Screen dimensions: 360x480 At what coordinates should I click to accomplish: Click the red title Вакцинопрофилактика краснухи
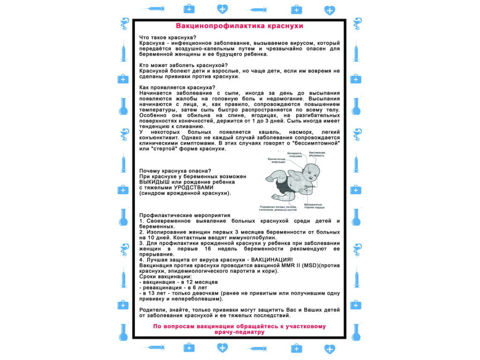(x=240, y=26)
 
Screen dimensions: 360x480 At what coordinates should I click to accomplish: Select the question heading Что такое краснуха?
(x=168, y=37)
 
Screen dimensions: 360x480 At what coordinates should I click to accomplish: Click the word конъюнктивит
(x=161, y=138)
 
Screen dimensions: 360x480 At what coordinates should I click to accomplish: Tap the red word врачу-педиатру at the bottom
(x=239, y=332)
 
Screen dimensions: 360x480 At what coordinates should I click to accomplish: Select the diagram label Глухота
(x=308, y=187)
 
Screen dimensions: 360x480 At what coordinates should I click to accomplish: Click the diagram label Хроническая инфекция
(x=277, y=161)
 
